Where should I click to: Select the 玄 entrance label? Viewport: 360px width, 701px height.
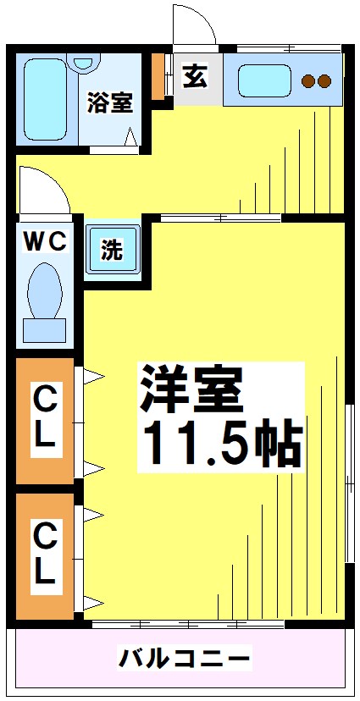pos(195,77)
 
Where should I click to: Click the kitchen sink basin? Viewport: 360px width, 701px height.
pos(263,81)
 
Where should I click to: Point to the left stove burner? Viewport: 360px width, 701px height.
pos(308,82)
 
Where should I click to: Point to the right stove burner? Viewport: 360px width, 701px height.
pos(324,82)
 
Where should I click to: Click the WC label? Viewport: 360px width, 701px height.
pos(44,242)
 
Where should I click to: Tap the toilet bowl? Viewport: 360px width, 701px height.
pos(43,288)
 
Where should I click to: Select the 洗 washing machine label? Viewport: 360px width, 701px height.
pos(113,250)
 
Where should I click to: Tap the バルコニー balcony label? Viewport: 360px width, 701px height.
pos(184,657)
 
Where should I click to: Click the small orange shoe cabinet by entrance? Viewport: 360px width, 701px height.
pos(158,77)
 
